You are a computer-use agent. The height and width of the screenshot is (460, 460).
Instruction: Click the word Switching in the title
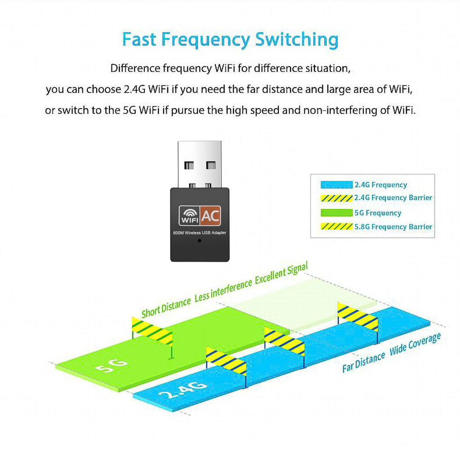(x=297, y=40)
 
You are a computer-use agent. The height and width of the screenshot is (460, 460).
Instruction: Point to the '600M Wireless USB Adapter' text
(x=199, y=233)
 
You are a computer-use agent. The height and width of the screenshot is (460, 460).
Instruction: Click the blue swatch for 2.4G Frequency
(x=336, y=185)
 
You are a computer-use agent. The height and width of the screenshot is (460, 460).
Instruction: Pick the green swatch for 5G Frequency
(x=336, y=213)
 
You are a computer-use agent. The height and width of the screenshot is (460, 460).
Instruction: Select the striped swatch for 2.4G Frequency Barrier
(x=336, y=198)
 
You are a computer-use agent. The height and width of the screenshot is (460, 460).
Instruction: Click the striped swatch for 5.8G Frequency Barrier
(x=336, y=227)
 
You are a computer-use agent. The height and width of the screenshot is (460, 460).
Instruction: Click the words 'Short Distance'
(x=166, y=307)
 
